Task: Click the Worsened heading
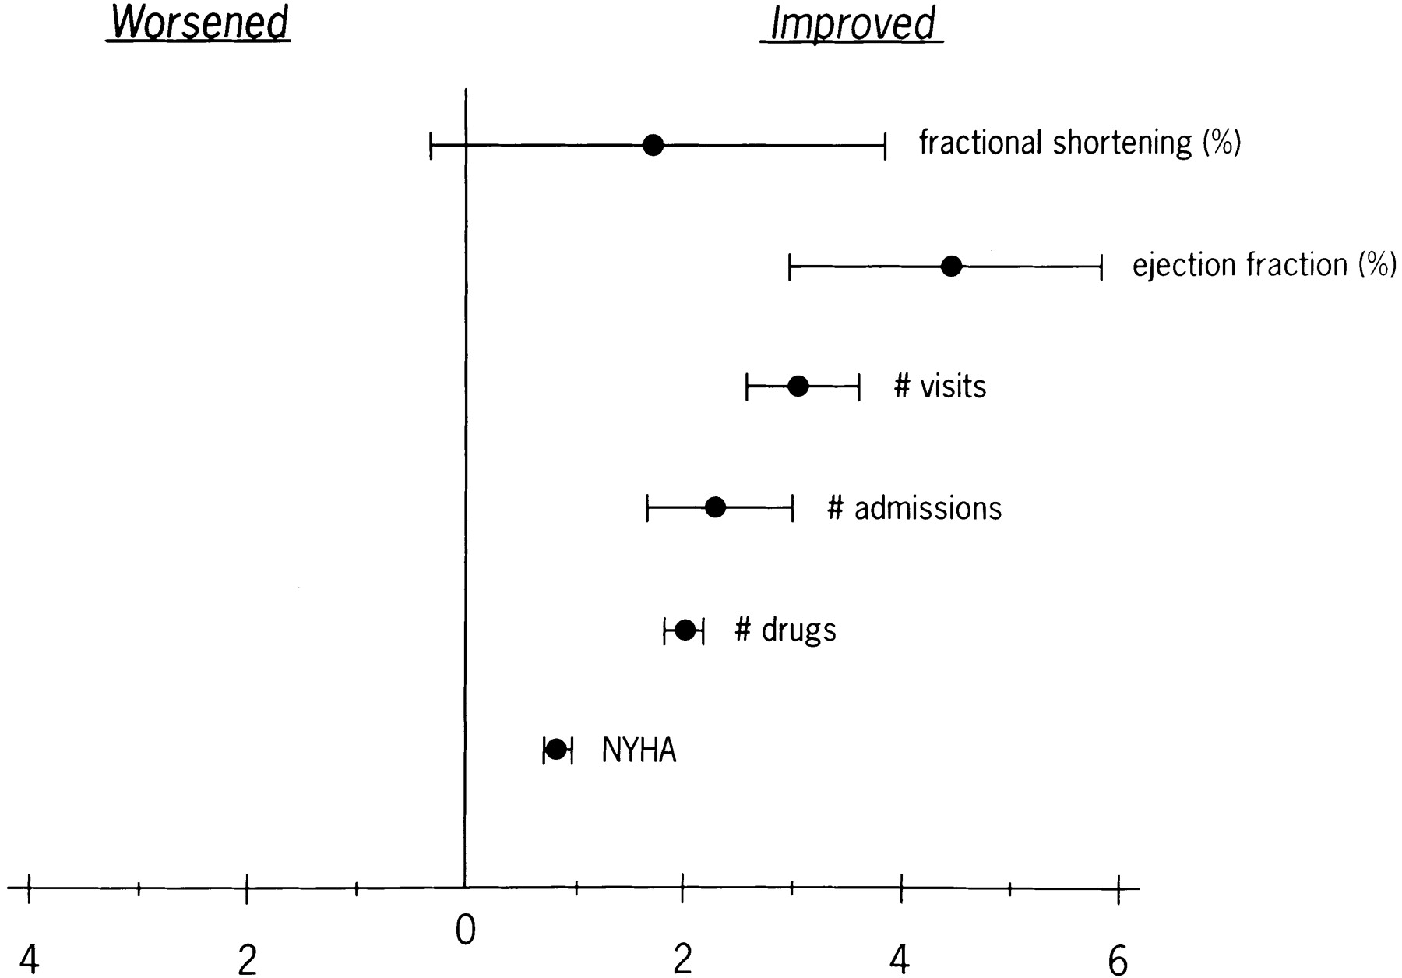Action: [199, 23]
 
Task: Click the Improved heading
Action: [852, 23]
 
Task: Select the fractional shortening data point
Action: [653, 145]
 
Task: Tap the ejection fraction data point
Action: [951, 267]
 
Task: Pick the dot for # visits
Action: [798, 387]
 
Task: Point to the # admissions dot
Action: [715, 508]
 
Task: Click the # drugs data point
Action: [685, 630]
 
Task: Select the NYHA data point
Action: [556, 750]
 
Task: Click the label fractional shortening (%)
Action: [1080, 143]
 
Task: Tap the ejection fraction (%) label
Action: [1264, 266]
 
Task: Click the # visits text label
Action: [940, 387]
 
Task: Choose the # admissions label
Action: [914, 509]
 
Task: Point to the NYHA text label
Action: [639, 751]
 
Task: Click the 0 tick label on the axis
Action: [465, 930]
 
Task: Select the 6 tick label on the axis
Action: [1118, 961]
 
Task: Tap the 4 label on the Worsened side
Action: [29, 961]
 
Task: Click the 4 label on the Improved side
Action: [900, 961]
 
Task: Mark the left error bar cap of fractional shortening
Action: [431, 145]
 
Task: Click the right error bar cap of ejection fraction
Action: [1101, 267]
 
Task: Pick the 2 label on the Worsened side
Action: [247, 961]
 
